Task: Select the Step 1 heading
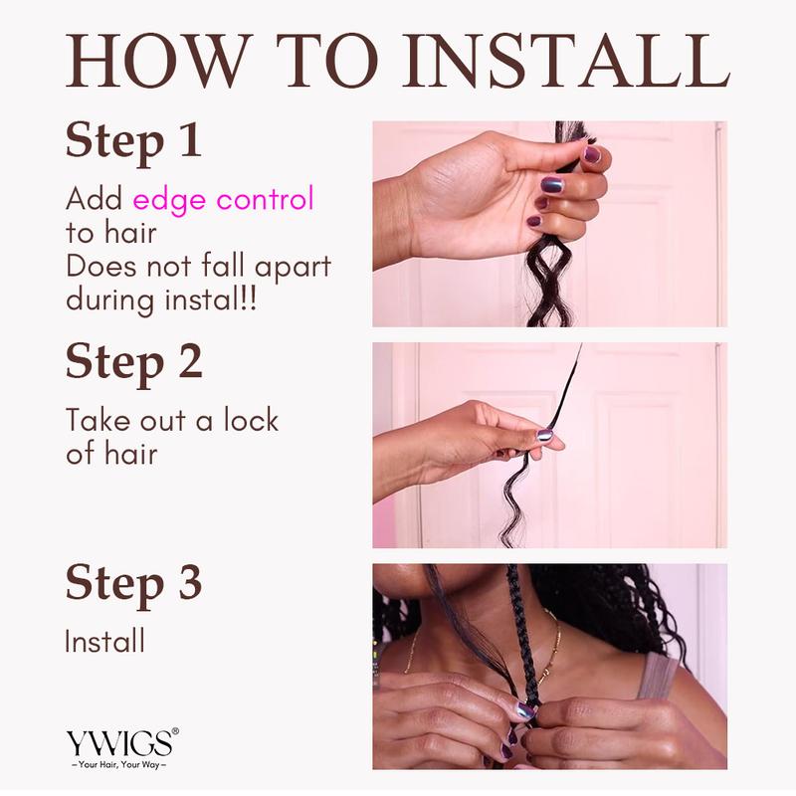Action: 133,140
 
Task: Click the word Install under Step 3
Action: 104,641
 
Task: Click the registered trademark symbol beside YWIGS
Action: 176,731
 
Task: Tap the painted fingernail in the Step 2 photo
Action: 546,435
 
